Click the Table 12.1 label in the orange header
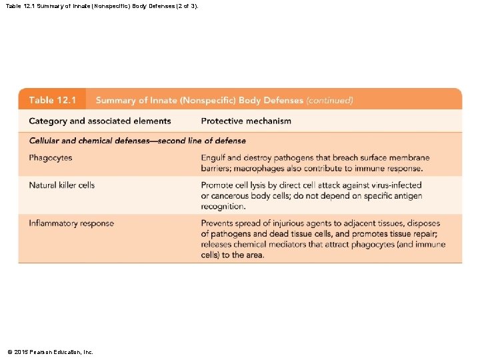pyautogui.click(x=53, y=100)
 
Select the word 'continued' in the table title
pyautogui.click(x=329, y=101)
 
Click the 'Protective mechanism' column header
pyautogui.click(x=246, y=121)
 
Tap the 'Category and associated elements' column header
pyautogui.click(x=100, y=121)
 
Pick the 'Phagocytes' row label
pyautogui.click(x=51, y=158)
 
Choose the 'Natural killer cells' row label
pyautogui.click(x=62, y=185)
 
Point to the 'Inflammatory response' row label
pyautogui.click(x=71, y=223)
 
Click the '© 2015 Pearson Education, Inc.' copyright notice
pyautogui.click(x=50, y=351)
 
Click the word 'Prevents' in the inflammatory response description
pyautogui.click(x=219, y=223)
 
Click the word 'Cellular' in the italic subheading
pyautogui.click(x=45, y=141)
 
